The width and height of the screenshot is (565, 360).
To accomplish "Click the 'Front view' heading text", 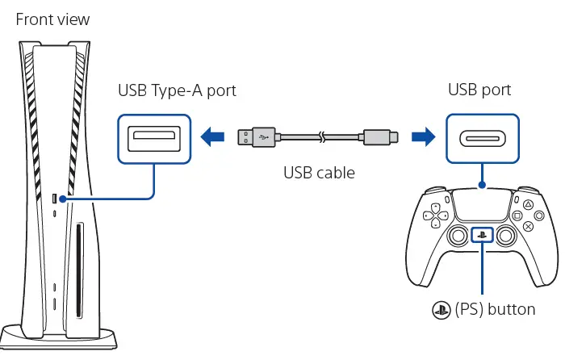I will point(53,18).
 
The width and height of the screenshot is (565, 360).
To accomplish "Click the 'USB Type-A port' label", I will point(177,90).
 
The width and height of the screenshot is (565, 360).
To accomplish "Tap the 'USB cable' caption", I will point(320,172).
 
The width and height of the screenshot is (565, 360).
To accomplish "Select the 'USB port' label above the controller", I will point(481,90).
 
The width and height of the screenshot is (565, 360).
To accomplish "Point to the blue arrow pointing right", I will point(421,136).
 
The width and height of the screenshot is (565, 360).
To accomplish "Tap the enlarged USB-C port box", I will point(482,137).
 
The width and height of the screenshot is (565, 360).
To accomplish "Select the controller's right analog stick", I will point(507,237).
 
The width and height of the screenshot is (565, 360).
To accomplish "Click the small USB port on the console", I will point(55,199).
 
